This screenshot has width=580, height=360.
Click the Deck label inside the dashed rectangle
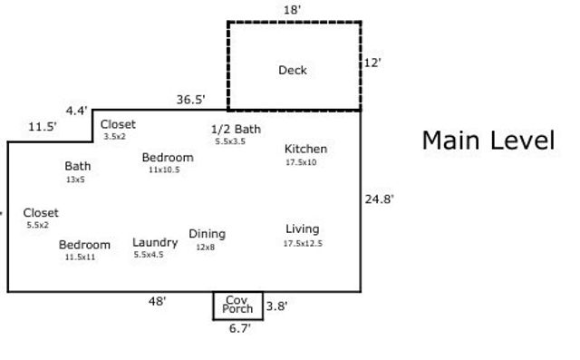[x=293, y=70]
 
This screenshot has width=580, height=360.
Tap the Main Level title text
[x=488, y=141]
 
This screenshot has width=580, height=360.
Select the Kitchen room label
[x=305, y=150]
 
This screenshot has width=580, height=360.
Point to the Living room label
[x=303, y=229]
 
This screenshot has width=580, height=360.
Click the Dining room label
[x=207, y=234]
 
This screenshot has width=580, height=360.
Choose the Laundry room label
[x=155, y=242]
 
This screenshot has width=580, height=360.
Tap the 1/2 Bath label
[x=236, y=129]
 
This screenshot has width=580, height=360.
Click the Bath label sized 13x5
[x=77, y=167]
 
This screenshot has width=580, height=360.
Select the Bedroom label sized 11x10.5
[x=168, y=158]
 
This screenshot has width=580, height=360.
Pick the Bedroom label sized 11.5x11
[x=84, y=245]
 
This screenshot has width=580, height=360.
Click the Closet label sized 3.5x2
[x=118, y=124]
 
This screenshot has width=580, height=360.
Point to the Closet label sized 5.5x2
[x=41, y=213]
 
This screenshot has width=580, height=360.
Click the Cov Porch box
[x=238, y=306]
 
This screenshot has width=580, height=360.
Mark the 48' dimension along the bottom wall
[x=158, y=302]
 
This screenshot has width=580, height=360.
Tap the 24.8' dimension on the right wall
[x=379, y=199]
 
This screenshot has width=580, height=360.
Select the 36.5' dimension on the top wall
[x=190, y=100]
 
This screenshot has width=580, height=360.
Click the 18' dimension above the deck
[x=292, y=9]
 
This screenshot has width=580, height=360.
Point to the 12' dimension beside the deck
[x=371, y=63]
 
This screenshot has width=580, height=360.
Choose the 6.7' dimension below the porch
[x=238, y=329]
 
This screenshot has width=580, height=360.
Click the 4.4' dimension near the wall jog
[x=76, y=111]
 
